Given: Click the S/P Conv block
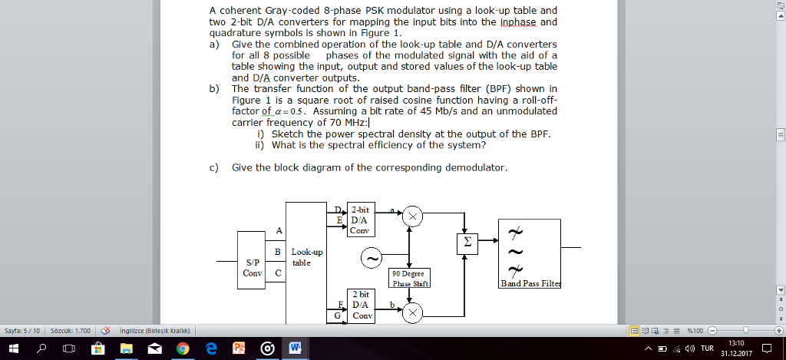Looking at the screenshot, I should click(x=251, y=267).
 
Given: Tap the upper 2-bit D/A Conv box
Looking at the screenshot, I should click(x=360, y=219).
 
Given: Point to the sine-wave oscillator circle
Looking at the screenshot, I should click(x=372, y=259).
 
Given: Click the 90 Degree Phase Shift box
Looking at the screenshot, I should click(x=410, y=277).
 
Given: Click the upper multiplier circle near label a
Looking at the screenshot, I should click(x=413, y=217).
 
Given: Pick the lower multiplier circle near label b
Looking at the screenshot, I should click(x=413, y=312).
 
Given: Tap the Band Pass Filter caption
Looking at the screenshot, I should click(x=530, y=283).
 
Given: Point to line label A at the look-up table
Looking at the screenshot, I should click(x=279, y=230).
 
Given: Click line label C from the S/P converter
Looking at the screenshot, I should click(x=277, y=272).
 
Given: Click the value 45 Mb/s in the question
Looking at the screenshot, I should click(x=438, y=110).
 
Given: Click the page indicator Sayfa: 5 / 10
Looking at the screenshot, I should click(x=21, y=331).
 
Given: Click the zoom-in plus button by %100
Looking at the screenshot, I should click(x=778, y=331).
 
